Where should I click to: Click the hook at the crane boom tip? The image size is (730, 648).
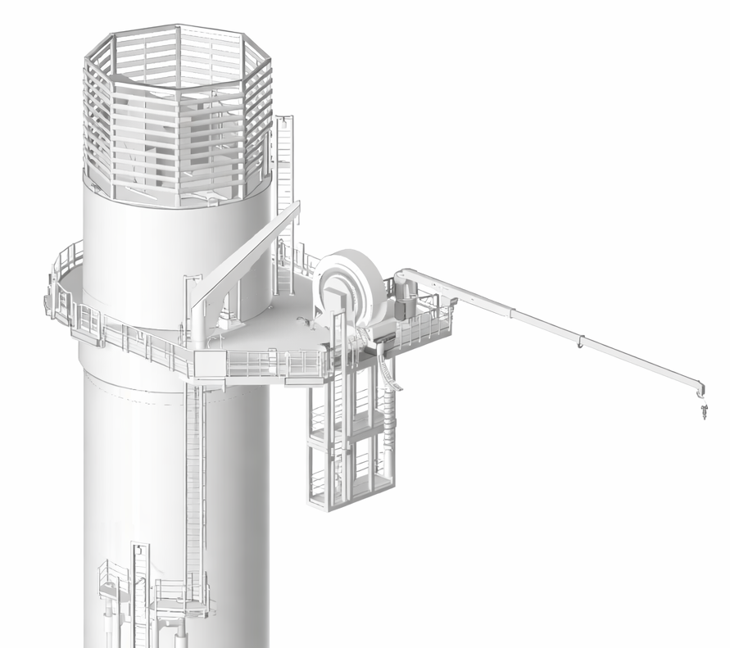pyautogui.click(x=702, y=408)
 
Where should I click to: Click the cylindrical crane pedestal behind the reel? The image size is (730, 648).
pyautogui.click(x=403, y=301)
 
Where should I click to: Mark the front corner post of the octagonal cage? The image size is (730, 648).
pyautogui.click(x=178, y=115)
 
